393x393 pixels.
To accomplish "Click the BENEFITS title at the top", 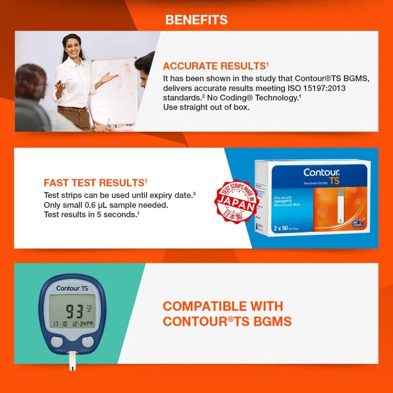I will (x=196, y=20).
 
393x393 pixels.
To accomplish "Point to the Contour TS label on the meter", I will (x=72, y=288).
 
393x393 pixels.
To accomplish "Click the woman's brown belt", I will (x=72, y=109).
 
